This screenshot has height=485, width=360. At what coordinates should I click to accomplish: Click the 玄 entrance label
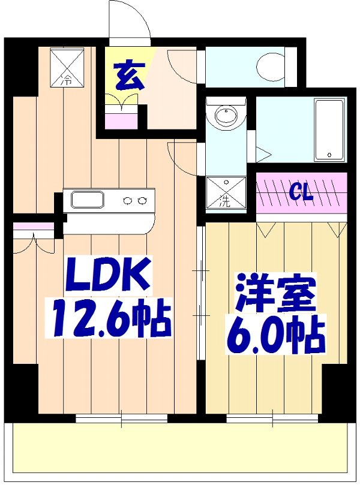130,77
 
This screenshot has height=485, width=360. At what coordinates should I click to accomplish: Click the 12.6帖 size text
111,320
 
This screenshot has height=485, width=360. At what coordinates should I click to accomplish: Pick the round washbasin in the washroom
226,115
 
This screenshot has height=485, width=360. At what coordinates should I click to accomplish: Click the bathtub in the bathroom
329,130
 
